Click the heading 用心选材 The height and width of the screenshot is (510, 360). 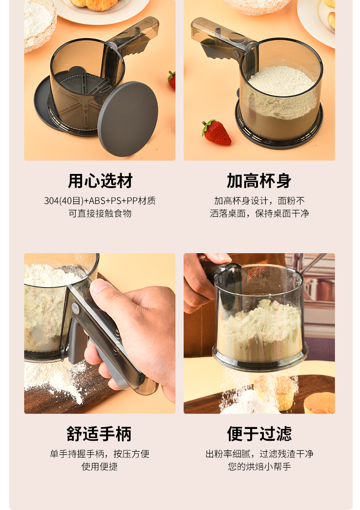pos(100,181)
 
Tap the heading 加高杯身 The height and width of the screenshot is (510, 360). pos(259,181)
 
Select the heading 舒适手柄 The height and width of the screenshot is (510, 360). pos(99,434)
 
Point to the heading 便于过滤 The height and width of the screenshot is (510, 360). pos(259,434)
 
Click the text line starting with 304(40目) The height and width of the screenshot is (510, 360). pos(100,201)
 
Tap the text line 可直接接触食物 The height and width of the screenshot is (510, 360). pos(100,214)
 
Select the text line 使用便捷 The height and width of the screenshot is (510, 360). pos(100,466)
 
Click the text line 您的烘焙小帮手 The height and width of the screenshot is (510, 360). pos(259,466)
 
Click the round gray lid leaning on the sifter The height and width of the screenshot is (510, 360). pos(128,119)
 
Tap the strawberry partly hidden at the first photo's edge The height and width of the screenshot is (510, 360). pos(172,80)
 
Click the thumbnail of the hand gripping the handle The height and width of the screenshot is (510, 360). pos(100,333)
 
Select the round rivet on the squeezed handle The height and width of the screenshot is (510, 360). pos(76,308)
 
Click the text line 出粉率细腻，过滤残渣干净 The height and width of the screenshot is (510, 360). pos(259,454)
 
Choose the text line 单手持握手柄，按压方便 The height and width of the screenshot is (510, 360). pos(100,454)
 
